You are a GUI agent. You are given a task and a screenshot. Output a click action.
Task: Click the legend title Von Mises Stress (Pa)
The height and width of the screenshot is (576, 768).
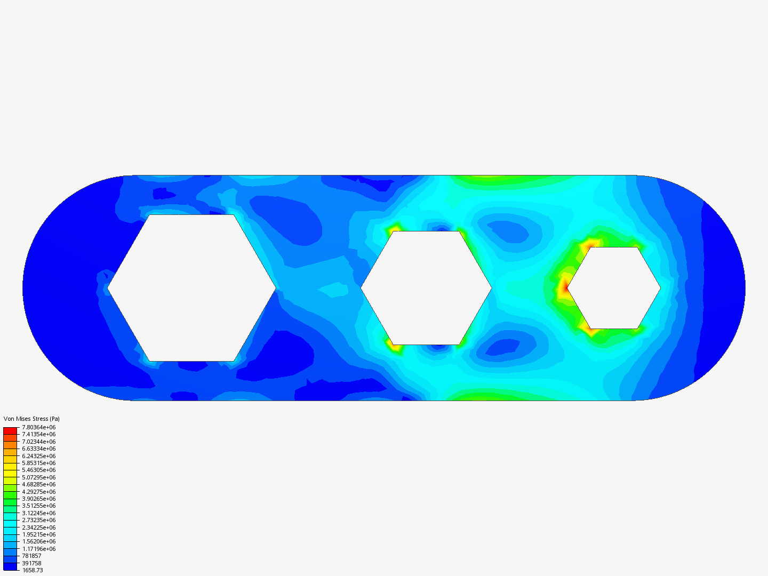(31, 419)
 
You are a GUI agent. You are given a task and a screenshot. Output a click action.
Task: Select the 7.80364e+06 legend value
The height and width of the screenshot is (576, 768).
(39, 427)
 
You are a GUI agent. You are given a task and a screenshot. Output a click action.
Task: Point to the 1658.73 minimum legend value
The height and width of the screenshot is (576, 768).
(33, 571)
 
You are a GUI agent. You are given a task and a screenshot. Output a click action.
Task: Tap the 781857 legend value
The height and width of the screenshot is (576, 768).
(31, 556)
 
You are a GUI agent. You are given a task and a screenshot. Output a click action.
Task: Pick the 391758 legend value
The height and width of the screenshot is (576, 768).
(31, 563)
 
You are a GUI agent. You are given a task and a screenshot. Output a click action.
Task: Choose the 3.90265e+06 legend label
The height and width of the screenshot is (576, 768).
(39, 499)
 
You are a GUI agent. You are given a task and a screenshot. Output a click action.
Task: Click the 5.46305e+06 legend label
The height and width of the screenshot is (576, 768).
(39, 470)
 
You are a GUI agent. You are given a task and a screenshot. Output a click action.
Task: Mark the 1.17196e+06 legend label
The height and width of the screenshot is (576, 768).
(39, 549)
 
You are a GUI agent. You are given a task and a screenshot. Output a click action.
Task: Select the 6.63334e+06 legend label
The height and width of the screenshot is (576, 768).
(39, 449)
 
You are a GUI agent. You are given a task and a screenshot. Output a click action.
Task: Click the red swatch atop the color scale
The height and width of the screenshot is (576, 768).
(10, 431)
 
